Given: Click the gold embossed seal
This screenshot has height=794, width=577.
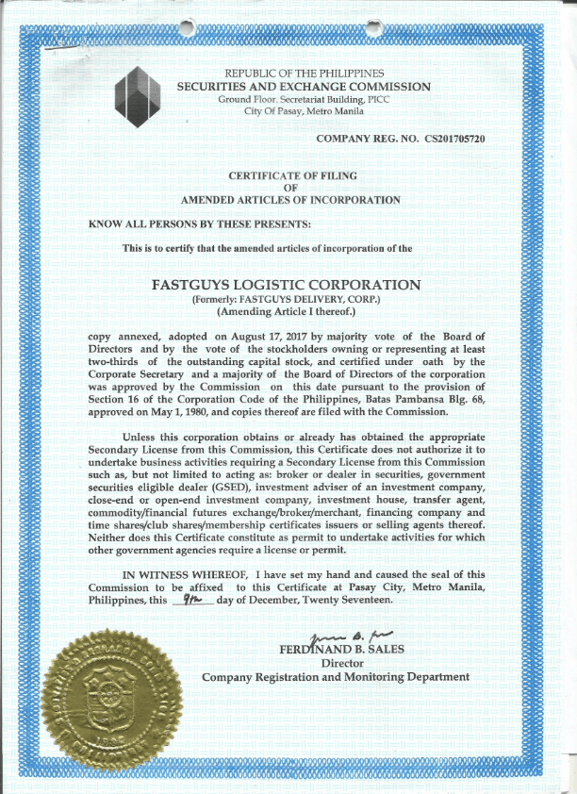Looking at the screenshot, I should (x=103, y=697).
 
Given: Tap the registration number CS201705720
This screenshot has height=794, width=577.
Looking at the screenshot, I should (x=454, y=140).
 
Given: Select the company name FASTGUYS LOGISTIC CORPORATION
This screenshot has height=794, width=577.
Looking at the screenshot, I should (x=285, y=285).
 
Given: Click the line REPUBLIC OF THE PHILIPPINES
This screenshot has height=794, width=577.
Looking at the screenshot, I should (x=304, y=74).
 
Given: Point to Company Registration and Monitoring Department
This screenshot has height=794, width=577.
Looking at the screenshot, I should (x=335, y=677).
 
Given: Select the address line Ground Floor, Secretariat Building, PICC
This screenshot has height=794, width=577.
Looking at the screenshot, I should (x=304, y=99).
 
